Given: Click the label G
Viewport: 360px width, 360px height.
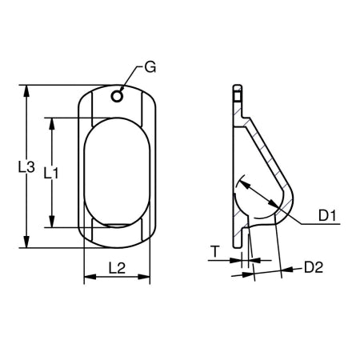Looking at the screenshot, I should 150,66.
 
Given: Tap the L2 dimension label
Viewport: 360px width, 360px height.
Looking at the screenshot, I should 117,269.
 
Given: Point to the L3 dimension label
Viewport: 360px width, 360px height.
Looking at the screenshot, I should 26,167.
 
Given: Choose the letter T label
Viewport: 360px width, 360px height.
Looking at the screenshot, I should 215,252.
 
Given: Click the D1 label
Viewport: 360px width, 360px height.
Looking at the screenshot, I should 327,214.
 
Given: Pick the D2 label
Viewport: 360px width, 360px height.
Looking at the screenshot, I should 313,267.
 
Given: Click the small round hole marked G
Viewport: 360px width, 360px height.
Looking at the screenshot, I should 118,96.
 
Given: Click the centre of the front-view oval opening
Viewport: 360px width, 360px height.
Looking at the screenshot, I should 117,174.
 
